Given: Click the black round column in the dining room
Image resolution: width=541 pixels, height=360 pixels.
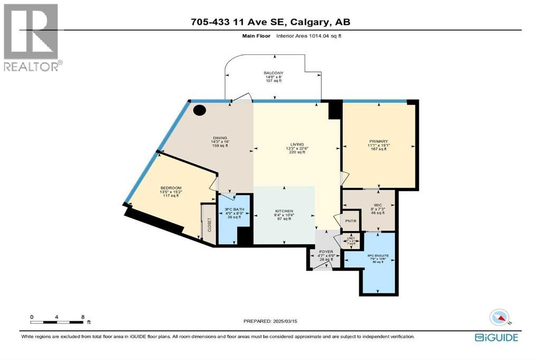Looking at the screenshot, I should (199, 110).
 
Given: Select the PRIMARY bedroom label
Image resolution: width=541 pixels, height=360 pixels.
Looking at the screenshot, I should (379, 141).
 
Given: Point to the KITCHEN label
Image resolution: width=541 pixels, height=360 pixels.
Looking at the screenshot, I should (284, 211).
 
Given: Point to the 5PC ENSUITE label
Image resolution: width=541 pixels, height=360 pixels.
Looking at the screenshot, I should (380, 255).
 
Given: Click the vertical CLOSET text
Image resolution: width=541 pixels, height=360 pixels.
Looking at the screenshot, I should (209, 225).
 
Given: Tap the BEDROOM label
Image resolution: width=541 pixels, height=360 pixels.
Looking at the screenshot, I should (171, 188).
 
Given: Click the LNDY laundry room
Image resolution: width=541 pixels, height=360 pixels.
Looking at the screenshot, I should (350, 241).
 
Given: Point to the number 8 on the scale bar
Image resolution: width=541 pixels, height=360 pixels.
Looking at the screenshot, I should (82, 317).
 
